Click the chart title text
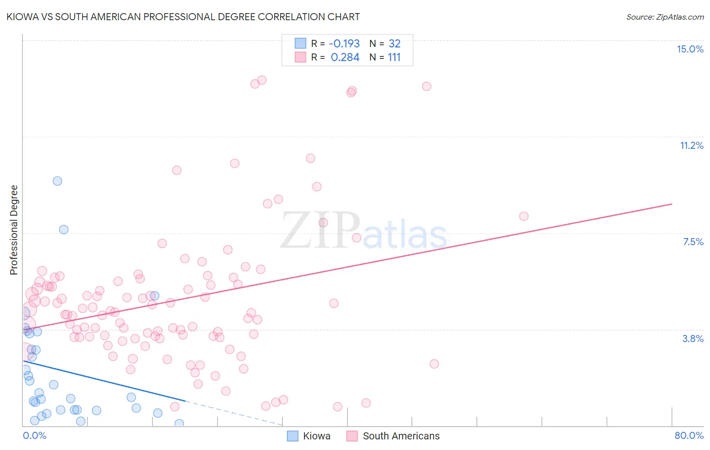coord(183,17)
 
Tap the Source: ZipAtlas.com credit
coord(665,17)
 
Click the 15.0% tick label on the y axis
coord(690,49)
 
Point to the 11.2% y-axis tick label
coord(691,145)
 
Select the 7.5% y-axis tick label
coord(693,242)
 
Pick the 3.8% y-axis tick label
coord(693,339)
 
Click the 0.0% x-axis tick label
coord(34,435)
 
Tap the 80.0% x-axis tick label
coord(689,435)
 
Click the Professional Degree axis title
coord(14,230)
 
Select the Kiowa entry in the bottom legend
coord(316,436)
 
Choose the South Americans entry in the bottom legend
coord(401,436)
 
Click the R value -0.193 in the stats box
coord(344,44)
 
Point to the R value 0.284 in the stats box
coord(345,58)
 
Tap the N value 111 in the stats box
coord(394,58)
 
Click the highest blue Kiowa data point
coord(58,181)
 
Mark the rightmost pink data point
coord(524,216)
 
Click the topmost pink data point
coord(262,80)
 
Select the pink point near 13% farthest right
coord(427,86)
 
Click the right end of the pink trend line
coord(672,204)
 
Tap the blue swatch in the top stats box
coord(300,43)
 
